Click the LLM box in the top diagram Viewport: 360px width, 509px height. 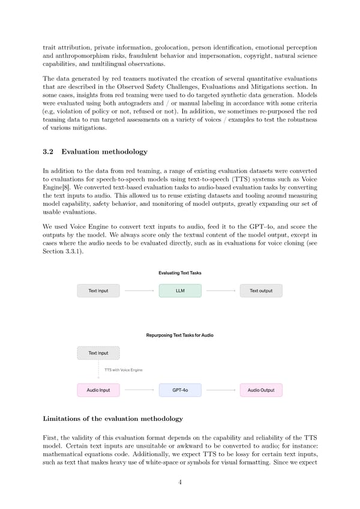point(180,291)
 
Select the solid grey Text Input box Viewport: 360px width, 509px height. point(98,291)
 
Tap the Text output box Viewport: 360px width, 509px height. point(261,291)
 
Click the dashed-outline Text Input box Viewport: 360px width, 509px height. point(98,353)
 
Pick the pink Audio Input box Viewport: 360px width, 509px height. point(98,390)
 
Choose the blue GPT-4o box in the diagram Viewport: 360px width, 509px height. point(180,390)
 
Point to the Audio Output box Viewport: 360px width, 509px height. point(261,390)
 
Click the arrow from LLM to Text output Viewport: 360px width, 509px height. point(220,291)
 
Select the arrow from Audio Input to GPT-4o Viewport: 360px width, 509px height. point(139,390)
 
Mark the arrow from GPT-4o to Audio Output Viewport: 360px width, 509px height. point(220,390)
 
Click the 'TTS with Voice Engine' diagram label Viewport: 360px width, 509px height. point(124,370)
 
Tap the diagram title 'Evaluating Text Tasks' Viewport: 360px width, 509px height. point(180,273)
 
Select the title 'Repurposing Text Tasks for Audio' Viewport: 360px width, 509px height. point(180,335)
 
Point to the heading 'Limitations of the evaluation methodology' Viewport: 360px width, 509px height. point(113,418)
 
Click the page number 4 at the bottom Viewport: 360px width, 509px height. point(180,483)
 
